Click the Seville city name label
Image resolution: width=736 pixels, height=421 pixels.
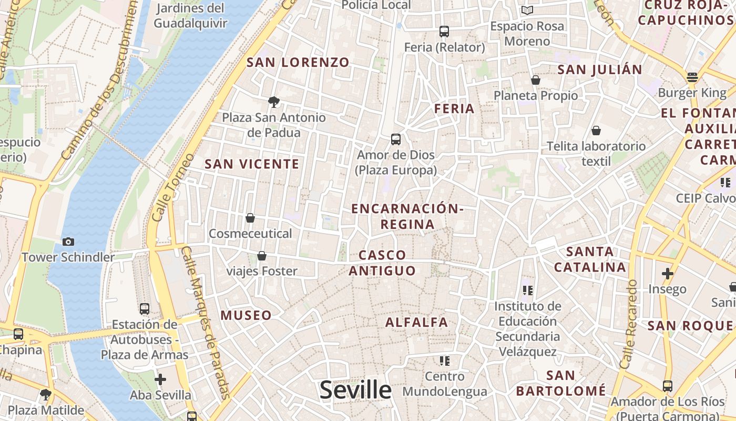coord(355,390)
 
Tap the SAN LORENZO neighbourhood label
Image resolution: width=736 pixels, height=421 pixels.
coord(298,62)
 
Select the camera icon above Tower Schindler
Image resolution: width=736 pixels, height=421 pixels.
coord(68,242)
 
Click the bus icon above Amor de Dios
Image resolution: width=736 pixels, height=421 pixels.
coord(396,139)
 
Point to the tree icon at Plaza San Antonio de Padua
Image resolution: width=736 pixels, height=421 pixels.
coord(273,102)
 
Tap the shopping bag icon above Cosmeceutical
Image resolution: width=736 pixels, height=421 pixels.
coord(250,218)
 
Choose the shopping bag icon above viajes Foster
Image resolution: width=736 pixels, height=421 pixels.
coord(262,256)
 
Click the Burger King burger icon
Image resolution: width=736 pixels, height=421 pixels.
coord(692,77)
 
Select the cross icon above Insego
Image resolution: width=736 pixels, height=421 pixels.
coord(668,274)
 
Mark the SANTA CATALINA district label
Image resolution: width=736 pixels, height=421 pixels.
coord(590,259)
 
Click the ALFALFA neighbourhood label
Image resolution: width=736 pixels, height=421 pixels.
coord(417,322)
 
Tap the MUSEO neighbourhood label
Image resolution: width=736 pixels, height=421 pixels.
coord(246,315)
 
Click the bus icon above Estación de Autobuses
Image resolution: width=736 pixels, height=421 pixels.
coord(145,309)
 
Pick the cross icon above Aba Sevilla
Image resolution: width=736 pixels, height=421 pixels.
coord(160,379)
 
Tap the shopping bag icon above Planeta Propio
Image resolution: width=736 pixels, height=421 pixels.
coord(536,80)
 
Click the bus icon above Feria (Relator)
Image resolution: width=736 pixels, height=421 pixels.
coord(444,32)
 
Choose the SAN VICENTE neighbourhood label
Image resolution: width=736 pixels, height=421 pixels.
coord(252,164)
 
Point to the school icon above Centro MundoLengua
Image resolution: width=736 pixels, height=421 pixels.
coord(445,361)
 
